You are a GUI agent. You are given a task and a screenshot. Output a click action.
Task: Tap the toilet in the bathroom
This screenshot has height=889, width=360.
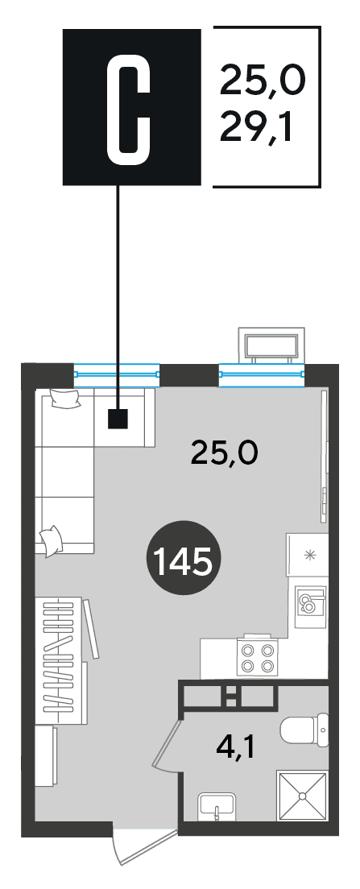[x=304, y=730]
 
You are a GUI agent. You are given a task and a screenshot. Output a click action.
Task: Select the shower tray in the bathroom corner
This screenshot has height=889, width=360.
[x=302, y=795]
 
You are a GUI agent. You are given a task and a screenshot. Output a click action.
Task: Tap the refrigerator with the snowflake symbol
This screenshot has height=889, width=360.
[x=308, y=554]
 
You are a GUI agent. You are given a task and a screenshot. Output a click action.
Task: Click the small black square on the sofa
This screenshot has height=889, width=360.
[x=118, y=419]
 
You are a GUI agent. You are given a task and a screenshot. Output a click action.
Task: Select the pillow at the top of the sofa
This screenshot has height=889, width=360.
[x=66, y=398]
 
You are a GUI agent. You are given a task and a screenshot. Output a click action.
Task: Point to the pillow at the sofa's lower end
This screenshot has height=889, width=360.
[x=51, y=540]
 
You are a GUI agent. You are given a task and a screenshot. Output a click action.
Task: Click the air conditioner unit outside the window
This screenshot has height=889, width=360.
[x=270, y=346]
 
